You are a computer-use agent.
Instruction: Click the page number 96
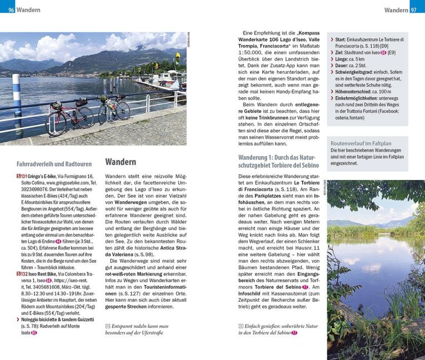tap(11, 9)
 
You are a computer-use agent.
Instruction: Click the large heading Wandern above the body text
tap(121, 162)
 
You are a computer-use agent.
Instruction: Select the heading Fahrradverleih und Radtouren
tap(54, 164)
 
